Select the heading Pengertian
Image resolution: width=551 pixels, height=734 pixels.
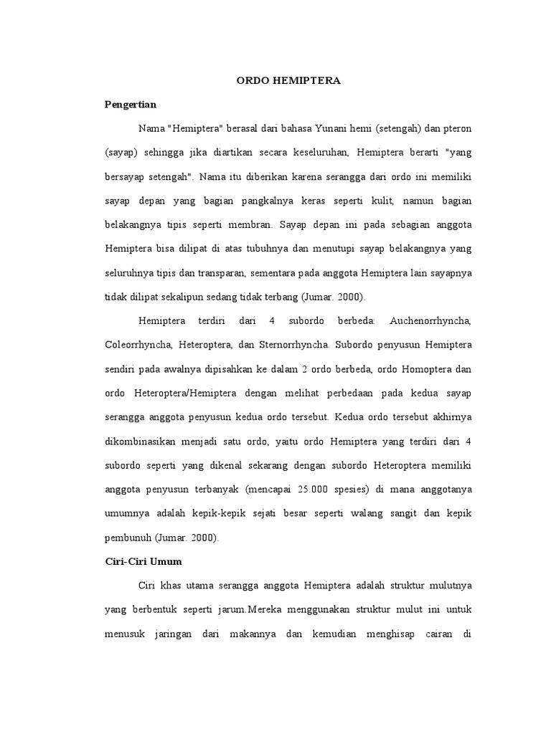[131, 105]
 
